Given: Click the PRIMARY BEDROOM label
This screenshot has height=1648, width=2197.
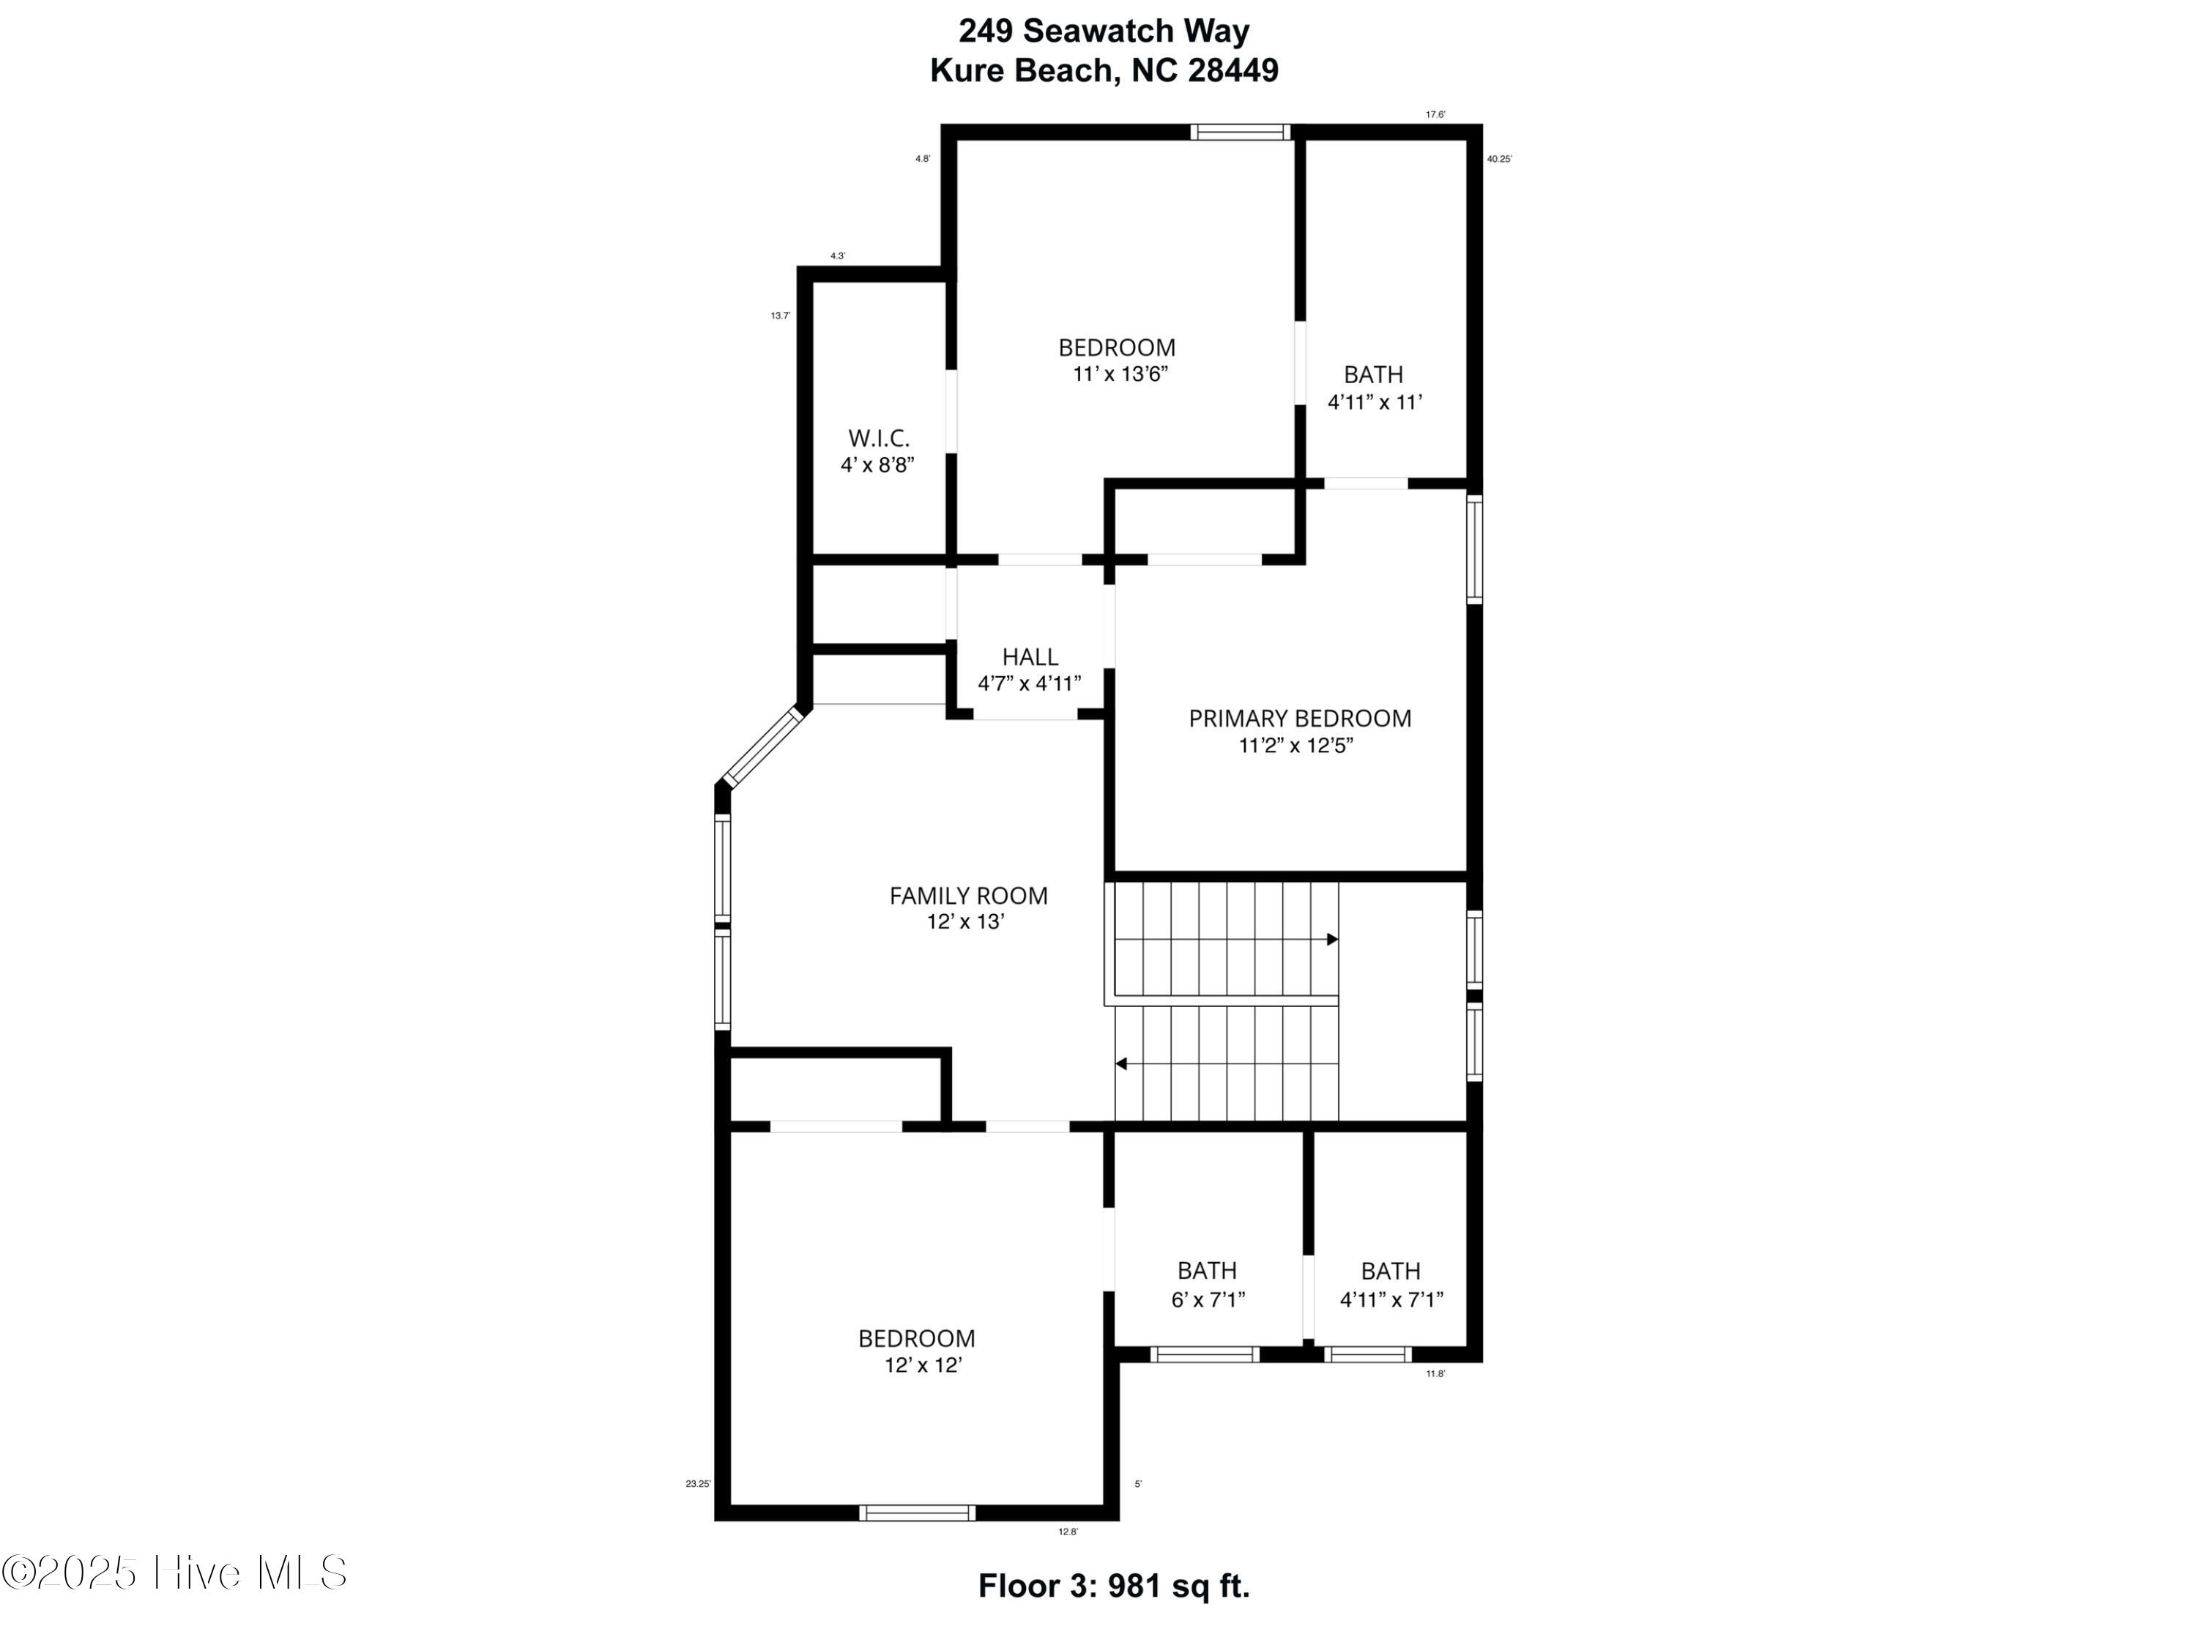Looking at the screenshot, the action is (x=1299, y=719).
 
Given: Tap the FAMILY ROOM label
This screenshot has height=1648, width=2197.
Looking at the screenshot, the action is (x=968, y=896).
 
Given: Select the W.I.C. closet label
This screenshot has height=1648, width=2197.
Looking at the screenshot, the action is (x=878, y=438).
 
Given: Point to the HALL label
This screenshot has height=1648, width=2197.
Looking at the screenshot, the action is (x=1030, y=656).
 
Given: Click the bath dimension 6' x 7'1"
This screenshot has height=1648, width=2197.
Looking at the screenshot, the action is (x=1208, y=1299).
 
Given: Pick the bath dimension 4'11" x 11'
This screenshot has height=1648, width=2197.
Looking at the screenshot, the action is (x=1375, y=402).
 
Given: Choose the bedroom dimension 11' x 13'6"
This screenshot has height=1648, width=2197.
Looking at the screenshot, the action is (x=1119, y=374).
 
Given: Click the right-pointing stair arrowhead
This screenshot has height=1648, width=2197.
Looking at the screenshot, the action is (x=1333, y=940).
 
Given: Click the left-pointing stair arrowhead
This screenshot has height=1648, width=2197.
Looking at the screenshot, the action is (x=1121, y=1064).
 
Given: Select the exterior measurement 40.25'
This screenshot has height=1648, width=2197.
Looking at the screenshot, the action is (x=1499, y=159).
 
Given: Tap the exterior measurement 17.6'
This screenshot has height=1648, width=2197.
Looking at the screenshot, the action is (x=1435, y=114).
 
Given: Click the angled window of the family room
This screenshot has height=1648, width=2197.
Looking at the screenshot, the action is (x=761, y=746).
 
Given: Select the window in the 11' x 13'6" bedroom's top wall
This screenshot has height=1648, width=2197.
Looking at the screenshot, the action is (x=1241, y=132).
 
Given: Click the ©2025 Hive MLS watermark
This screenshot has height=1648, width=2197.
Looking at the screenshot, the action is (x=175, y=1573).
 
